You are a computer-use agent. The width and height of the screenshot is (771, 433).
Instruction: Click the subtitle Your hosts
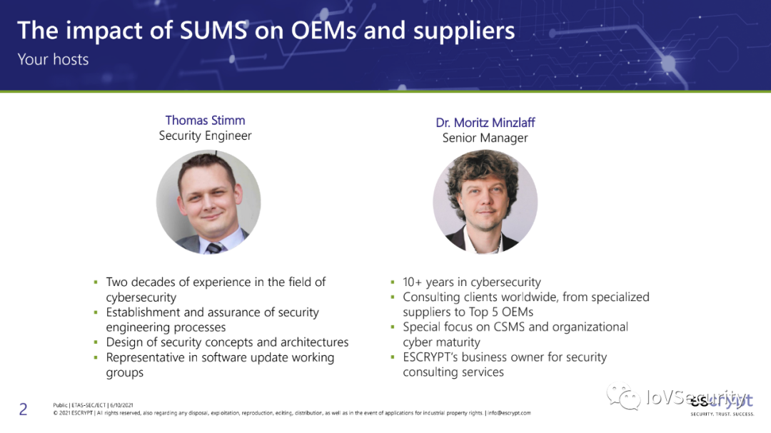(53, 59)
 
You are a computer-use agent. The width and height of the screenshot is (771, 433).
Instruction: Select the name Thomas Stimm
(205, 120)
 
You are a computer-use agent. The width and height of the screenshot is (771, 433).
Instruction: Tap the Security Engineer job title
(205, 136)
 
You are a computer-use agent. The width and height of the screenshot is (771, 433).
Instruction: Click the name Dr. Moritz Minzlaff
(485, 122)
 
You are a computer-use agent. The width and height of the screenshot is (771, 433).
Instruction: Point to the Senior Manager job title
(485, 138)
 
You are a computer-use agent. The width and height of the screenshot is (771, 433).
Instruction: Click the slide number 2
(23, 409)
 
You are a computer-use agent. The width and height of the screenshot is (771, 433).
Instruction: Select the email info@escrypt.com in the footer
(510, 413)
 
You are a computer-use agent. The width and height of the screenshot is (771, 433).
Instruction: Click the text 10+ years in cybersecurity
(471, 282)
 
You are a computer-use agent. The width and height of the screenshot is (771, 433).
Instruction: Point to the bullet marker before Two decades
(96, 282)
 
